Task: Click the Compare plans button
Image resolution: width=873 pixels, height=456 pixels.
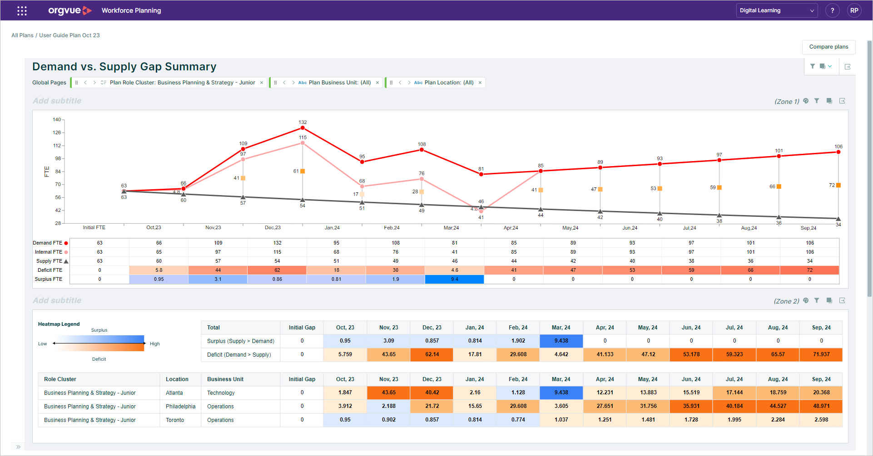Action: tap(828, 47)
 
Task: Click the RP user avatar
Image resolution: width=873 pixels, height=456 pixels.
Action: tap(854, 10)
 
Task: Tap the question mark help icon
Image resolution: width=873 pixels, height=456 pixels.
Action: tap(832, 10)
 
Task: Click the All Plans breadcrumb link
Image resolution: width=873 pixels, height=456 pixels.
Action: tap(22, 35)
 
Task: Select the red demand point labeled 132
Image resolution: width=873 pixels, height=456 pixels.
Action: tap(303, 128)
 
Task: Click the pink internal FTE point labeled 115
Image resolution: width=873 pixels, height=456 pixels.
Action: tap(303, 143)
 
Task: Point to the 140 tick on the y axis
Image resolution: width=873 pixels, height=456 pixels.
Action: tap(57, 120)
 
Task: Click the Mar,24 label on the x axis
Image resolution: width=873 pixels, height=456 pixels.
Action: tap(451, 228)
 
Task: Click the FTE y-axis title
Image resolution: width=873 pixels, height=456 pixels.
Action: tap(46, 172)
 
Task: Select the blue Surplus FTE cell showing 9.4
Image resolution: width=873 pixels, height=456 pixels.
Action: tap(454, 279)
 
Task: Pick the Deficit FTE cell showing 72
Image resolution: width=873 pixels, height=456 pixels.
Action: tap(809, 270)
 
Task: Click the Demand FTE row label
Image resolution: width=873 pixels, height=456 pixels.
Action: tap(48, 243)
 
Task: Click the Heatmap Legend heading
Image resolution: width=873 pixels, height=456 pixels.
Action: tap(59, 324)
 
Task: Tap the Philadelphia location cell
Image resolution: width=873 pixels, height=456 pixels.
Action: tap(180, 407)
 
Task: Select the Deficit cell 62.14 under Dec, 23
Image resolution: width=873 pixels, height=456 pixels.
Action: tap(432, 354)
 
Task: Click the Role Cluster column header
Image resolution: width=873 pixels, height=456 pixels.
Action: tap(60, 379)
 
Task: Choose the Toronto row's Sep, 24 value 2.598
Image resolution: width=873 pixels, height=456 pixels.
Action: tap(821, 420)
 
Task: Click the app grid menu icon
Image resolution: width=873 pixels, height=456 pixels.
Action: tap(22, 10)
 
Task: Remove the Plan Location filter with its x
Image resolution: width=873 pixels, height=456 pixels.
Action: tap(480, 83)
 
